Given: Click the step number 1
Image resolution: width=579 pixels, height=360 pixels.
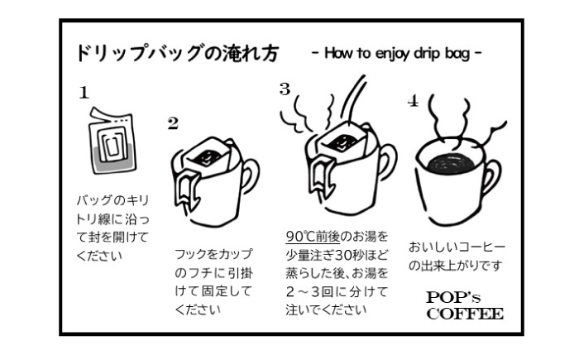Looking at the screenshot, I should click(x=84, y=93).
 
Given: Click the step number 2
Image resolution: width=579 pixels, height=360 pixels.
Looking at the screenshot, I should click(x=172, y=124).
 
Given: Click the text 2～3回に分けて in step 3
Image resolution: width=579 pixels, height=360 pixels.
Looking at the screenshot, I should click(x=323, y=292).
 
